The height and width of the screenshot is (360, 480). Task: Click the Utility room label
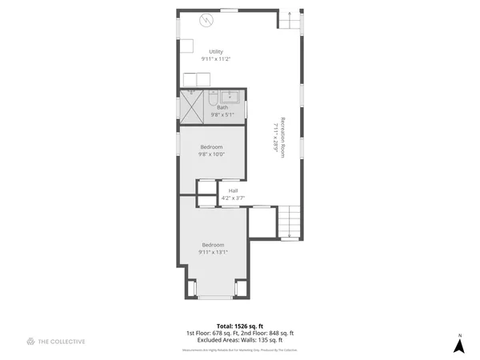click(x=216, y=52)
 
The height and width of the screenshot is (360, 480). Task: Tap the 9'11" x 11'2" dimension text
click(x=216, y=59)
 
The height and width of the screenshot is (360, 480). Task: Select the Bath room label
click(x=222, y=107)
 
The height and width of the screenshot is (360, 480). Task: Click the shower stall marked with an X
click(x=191, y=106)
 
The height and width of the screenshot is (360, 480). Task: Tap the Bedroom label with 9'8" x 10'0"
click(x=211, y=147)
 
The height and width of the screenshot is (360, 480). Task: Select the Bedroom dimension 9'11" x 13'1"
click(x=213, y=252)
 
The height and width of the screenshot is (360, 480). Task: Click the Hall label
click(x=233, y=190)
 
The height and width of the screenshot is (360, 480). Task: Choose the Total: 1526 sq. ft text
click(x=240, y=326)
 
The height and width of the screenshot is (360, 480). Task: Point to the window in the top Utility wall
click(x=230, y=10)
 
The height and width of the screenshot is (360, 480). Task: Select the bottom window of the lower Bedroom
click(x=214, y=298)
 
